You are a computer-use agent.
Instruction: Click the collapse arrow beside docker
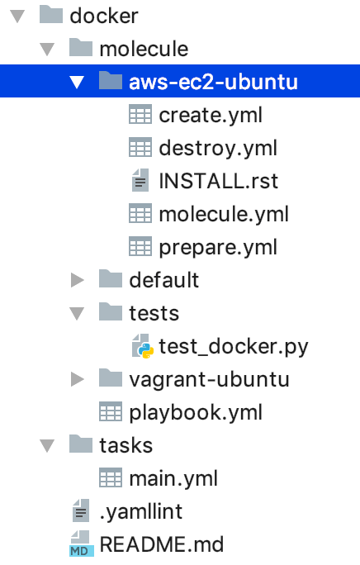coord(17,17)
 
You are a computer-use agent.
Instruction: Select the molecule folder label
coord(144,49)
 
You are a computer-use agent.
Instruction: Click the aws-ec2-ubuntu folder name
coord(213,82)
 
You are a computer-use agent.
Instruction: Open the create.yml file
coord(211,116)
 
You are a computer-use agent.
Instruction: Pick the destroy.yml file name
coord(218,149)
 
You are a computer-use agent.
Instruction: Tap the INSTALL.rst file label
coord(218,181)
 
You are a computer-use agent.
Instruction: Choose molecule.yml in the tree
coord(224,215)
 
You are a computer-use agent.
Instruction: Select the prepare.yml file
coord(218,248)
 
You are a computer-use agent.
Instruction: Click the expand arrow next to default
coord(77,280)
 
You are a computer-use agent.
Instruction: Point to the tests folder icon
coord(111,312)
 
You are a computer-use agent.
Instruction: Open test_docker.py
coord(234,347)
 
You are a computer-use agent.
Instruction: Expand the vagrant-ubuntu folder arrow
coord(77,379)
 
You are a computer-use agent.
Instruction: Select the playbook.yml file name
coord(196,412)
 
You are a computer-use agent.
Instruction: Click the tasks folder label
coord(126,445)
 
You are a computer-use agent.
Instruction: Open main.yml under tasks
coord(173,479)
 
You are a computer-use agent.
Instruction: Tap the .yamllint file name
coord(141,511)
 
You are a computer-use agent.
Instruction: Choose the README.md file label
coord(162,544)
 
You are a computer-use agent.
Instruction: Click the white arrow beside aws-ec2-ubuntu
coord(77,83)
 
